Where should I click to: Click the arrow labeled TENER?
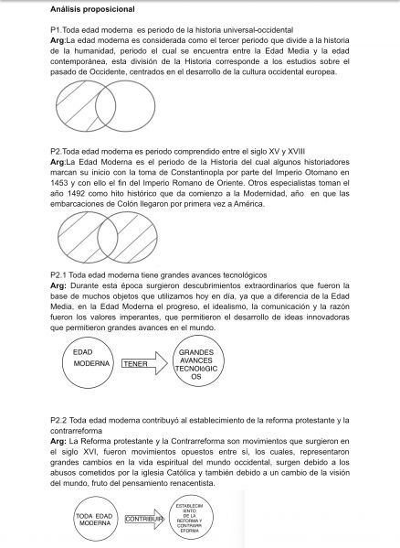[x=142, y=363]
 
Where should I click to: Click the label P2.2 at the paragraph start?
[x=59, y=420]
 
